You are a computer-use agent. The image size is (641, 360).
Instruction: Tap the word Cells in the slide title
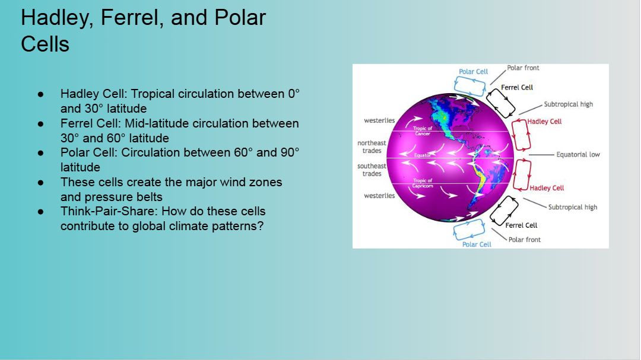[45, 44]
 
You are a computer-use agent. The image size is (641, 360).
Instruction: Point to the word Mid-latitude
[157, 123]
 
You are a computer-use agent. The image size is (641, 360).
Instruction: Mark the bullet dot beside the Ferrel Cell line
[40, 123]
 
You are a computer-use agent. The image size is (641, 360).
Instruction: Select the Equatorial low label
[578, 154]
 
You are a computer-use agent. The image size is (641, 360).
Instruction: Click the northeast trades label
[372, 146]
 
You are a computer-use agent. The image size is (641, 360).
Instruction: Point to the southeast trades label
[372, 170]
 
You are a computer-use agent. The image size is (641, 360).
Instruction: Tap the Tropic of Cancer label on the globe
[423, 130]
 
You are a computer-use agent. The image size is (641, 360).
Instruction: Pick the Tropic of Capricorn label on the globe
[423, 183]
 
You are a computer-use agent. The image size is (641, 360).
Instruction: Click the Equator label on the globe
[423, 155]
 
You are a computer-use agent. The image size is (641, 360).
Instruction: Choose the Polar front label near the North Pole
[523, 68]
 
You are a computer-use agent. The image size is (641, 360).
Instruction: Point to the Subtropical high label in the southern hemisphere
[572, 207]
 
